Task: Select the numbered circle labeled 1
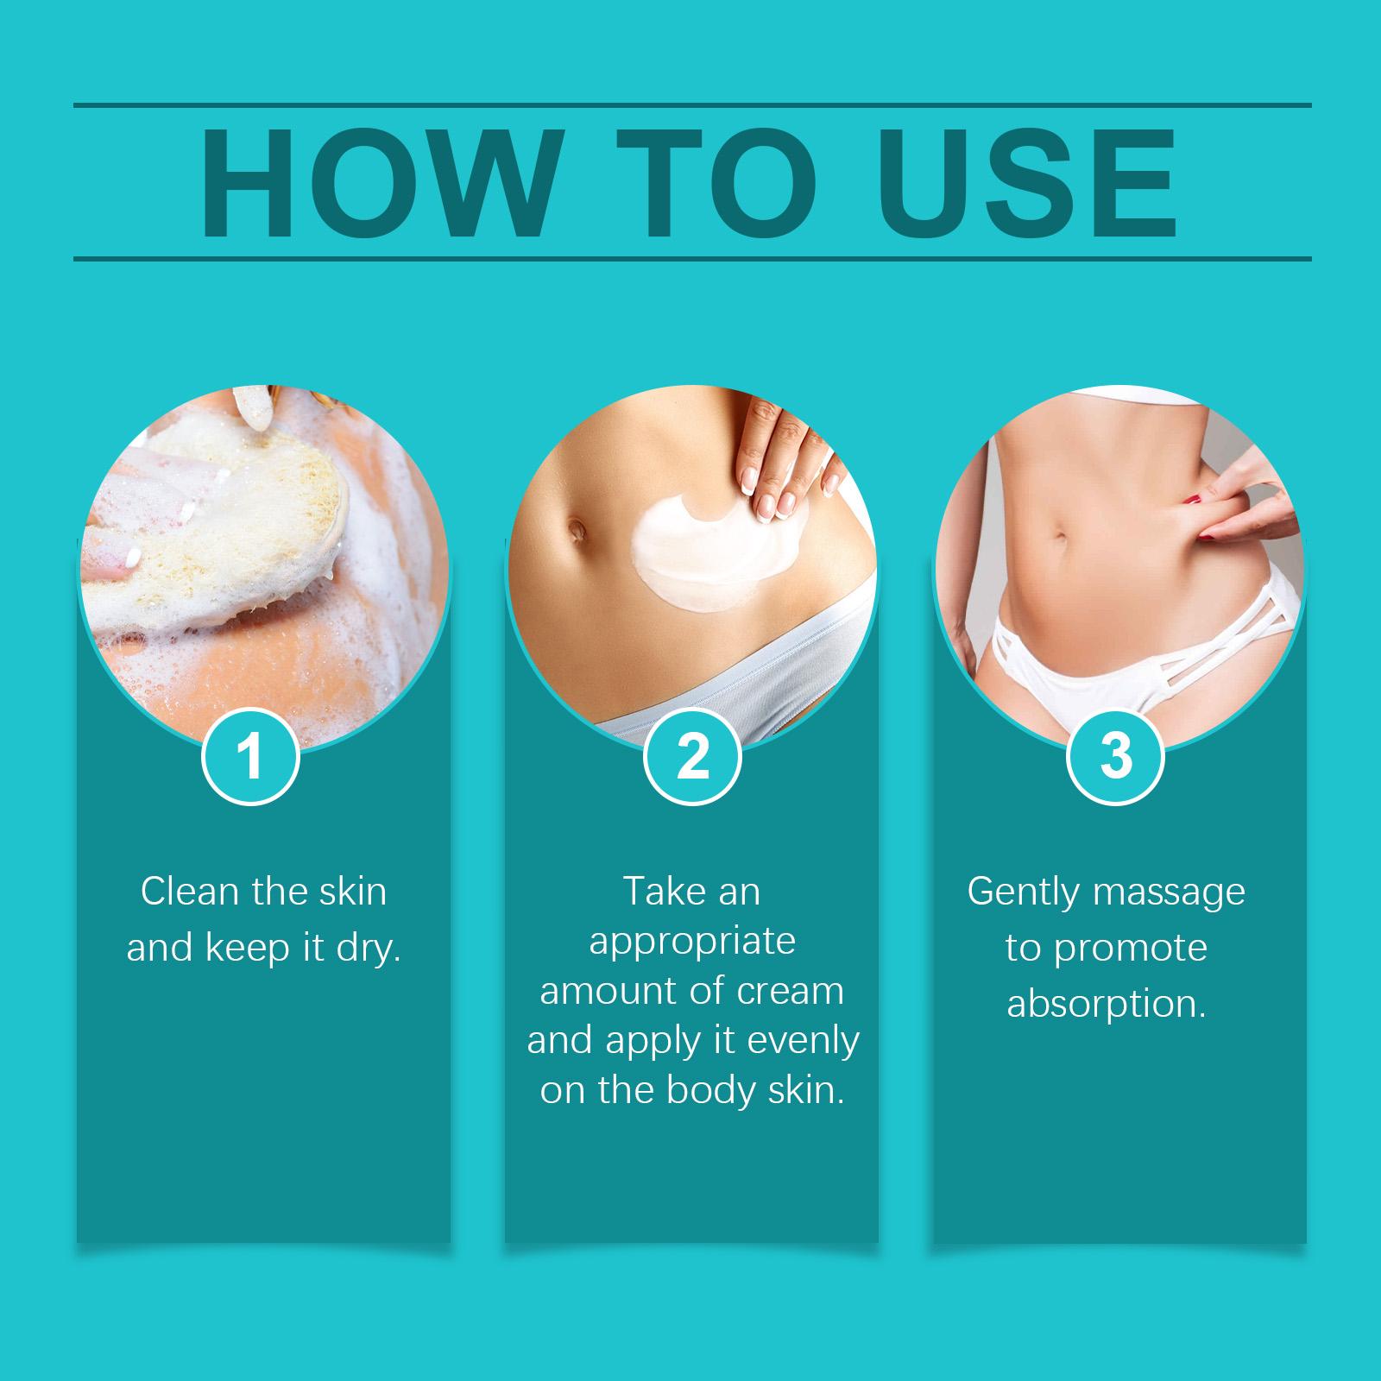[x=250, y=757]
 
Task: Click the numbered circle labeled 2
[x=692, y=757]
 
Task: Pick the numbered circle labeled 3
[x=1116, y=757]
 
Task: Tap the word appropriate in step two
[x=692, y=943]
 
